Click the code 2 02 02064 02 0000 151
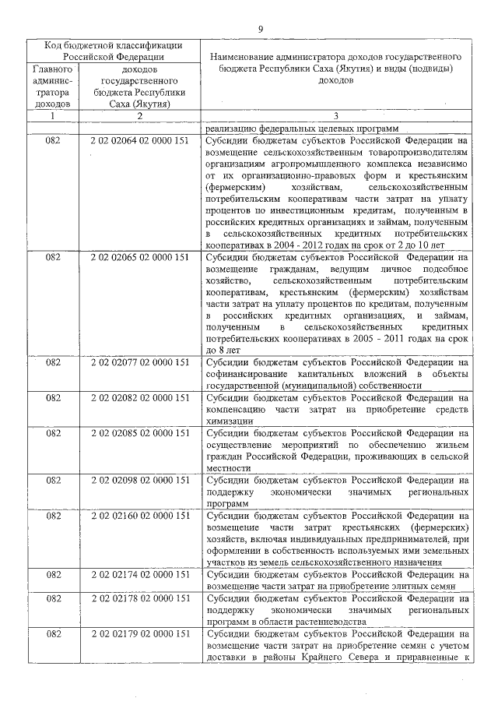click(140, 141)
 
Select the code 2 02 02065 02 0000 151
click(140, 255)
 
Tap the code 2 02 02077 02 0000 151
click(140, 361)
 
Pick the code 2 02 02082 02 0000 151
click(140, 397)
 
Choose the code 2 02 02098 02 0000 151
click(140, 480)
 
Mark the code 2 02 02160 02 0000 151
click(140, 516)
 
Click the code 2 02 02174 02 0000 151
click(140, 574)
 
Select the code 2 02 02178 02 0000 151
click(140, 598)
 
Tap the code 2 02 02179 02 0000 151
click(140, 634)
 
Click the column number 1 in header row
click(53, 116)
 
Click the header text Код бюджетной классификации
click(114, 45)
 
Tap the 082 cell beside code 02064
click(53, 141)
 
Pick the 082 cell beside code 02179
click(53, 634)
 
